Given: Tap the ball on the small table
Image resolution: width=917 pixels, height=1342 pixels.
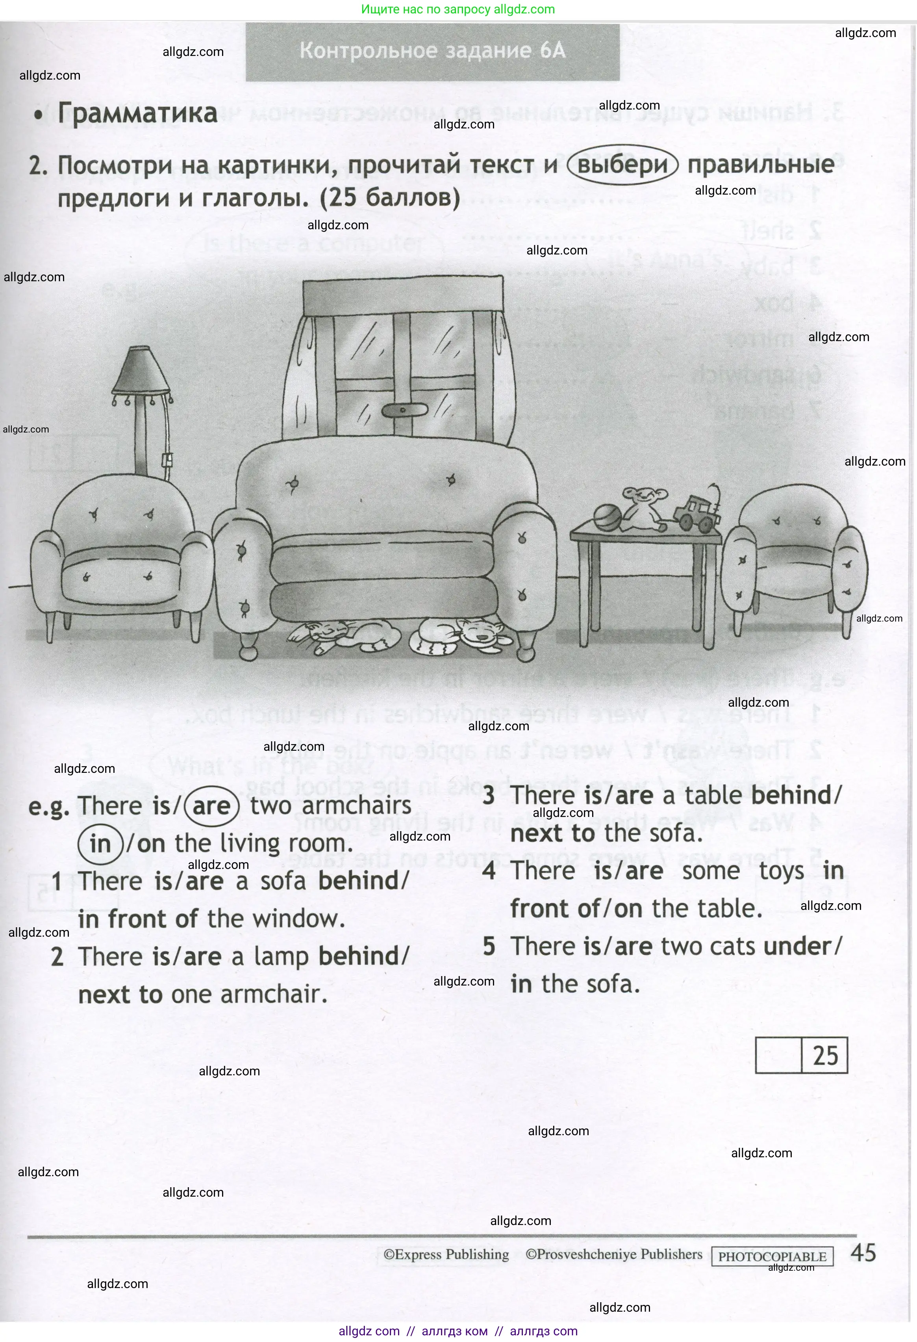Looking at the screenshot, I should pos(606,518).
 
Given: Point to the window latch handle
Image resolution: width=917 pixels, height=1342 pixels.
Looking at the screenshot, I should pos(404,410).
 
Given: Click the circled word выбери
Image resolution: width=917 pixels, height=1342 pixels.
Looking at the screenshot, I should pos(622,165).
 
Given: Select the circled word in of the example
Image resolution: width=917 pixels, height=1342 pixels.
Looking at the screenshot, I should pos(100,844).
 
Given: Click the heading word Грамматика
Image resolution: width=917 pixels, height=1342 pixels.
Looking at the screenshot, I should pos(137,113).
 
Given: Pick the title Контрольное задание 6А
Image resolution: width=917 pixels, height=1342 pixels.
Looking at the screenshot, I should pos(432,51).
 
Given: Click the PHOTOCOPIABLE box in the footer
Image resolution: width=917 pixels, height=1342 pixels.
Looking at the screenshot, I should pos(772,1257).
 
